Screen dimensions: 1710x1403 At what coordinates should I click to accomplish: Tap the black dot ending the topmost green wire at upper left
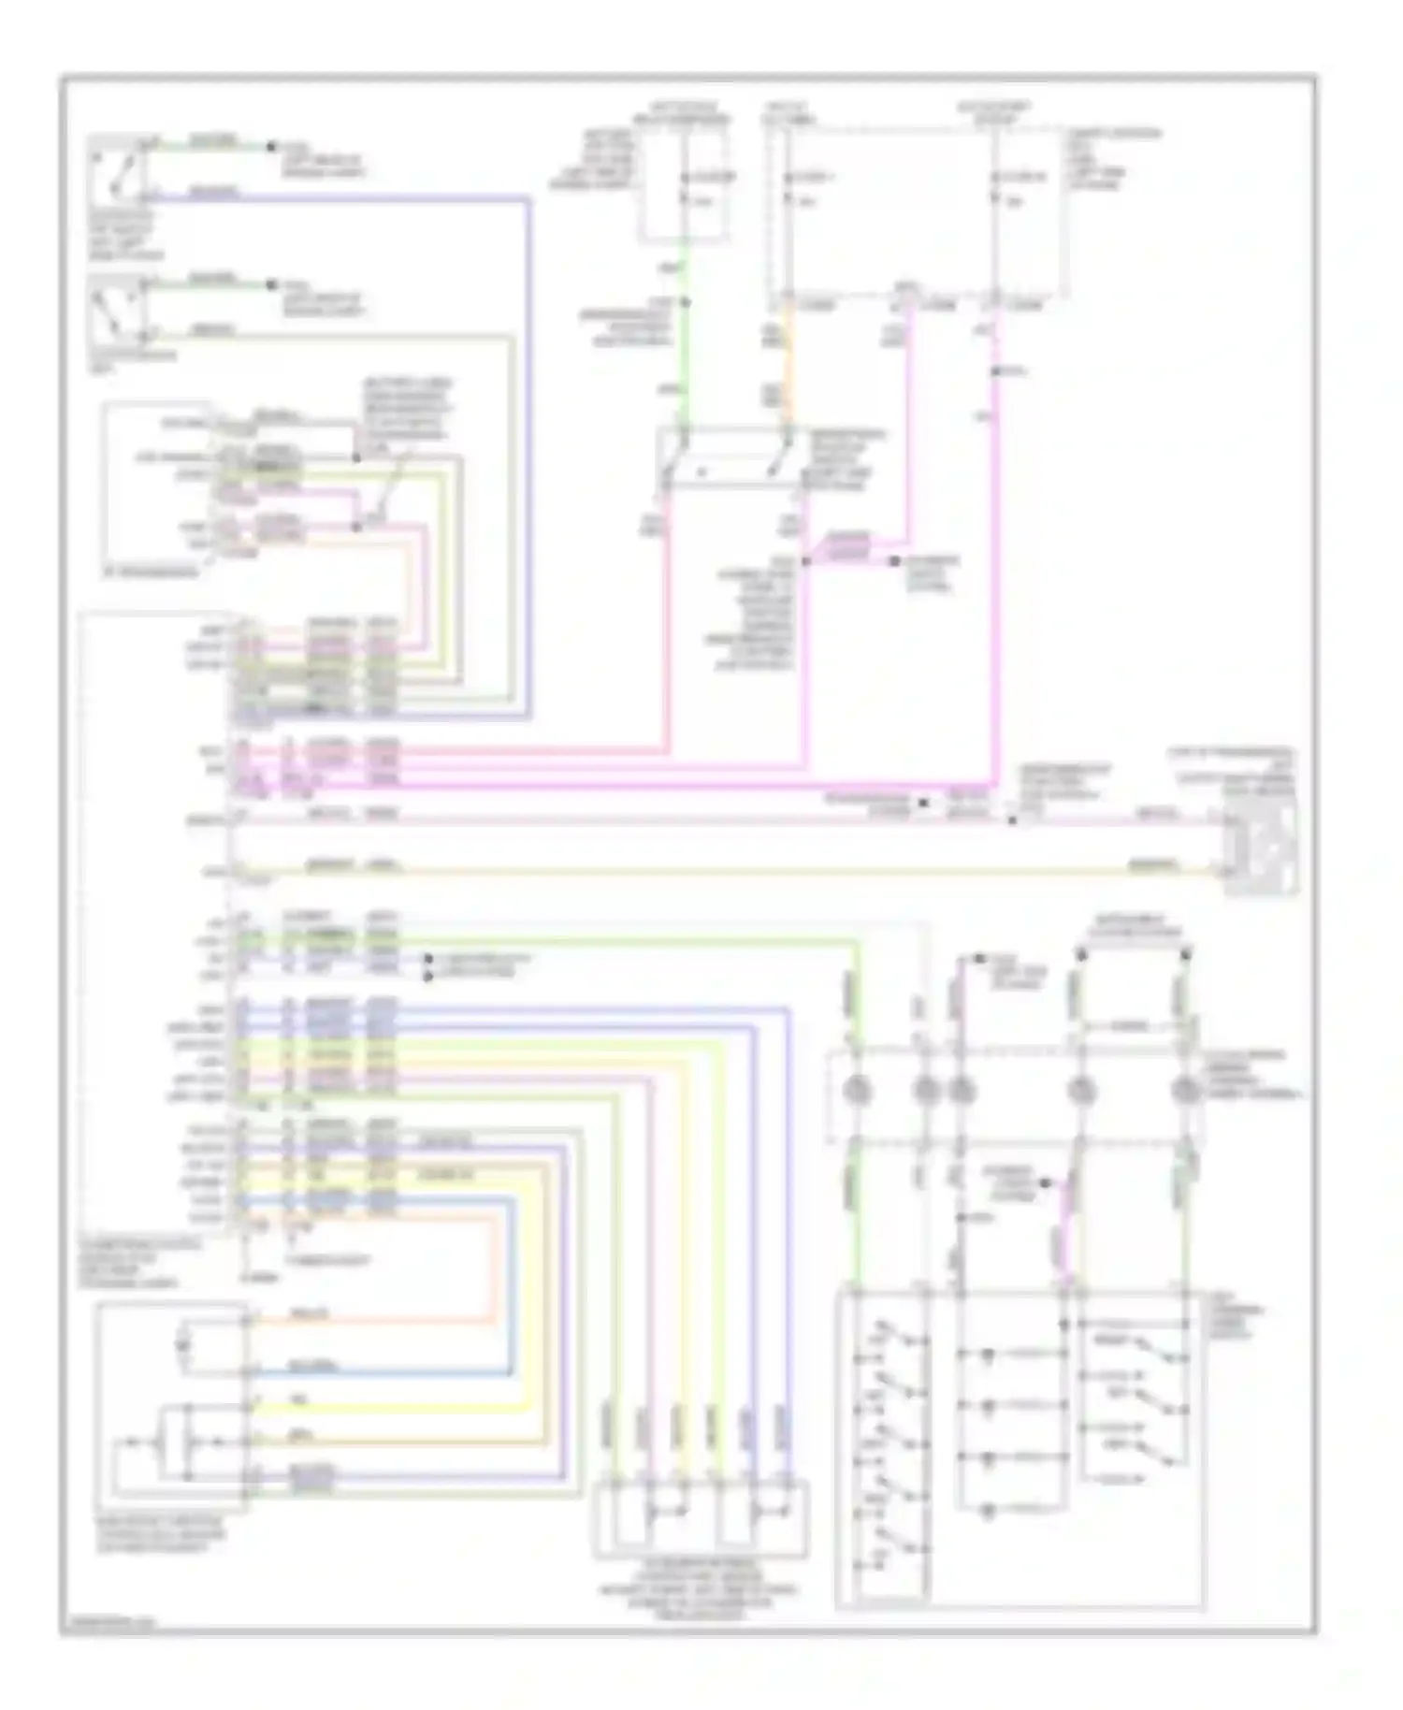click(271, 146)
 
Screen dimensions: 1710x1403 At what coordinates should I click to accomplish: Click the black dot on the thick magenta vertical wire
click(997, 372)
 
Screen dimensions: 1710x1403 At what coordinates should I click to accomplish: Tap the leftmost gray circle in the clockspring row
click(857, 1091)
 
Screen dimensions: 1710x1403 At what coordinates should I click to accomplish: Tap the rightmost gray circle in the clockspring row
click(1186, 1091)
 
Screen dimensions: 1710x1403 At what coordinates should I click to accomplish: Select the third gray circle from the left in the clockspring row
click(962, 1091)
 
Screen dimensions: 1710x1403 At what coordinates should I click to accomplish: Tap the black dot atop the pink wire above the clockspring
click(979, 959)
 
